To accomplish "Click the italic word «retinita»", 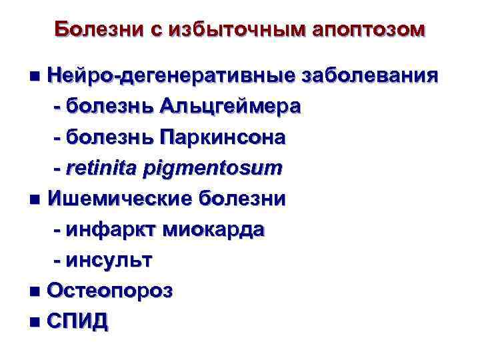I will pyautogui.click(x=101, y=169).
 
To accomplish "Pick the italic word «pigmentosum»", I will pyautogui.click(x=213, y=169).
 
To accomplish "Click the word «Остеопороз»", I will pyautogui.click(x=111, y=291).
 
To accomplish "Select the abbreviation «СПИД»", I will pyautogui.click(x=78, y=322).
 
